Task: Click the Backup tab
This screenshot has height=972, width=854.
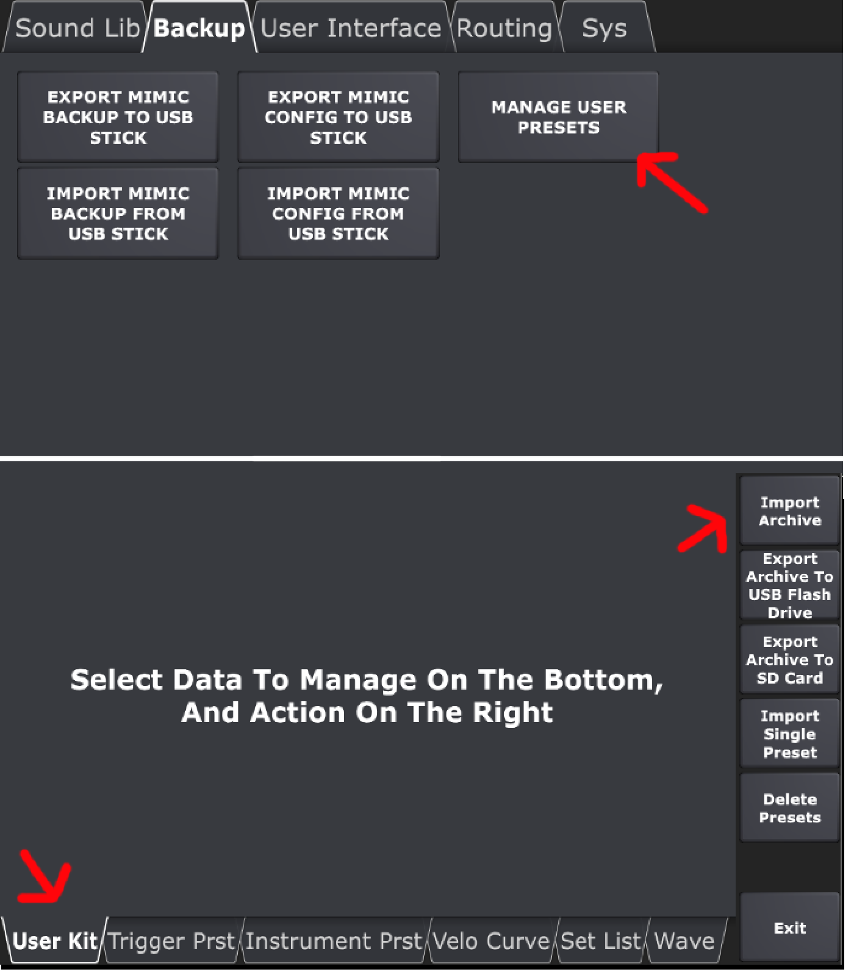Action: tap(199, 28)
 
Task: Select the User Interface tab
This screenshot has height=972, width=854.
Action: tap(351, 28)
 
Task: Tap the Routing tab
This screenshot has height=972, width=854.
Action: tap(504, 28)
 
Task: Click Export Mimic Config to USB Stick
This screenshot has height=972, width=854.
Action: tap(338, 116)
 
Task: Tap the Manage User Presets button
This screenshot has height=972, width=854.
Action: tap(558, 116)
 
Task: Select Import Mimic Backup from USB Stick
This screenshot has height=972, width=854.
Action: tap(118, 213)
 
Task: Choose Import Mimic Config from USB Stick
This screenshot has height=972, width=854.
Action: tap(338, 213)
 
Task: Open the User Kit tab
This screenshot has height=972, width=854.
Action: tap(54, 941)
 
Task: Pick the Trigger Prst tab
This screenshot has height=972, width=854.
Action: tap(173, 941)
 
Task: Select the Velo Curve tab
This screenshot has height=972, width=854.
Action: tap(492, 941)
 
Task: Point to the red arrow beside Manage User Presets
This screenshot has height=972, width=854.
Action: tap(671, 181)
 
